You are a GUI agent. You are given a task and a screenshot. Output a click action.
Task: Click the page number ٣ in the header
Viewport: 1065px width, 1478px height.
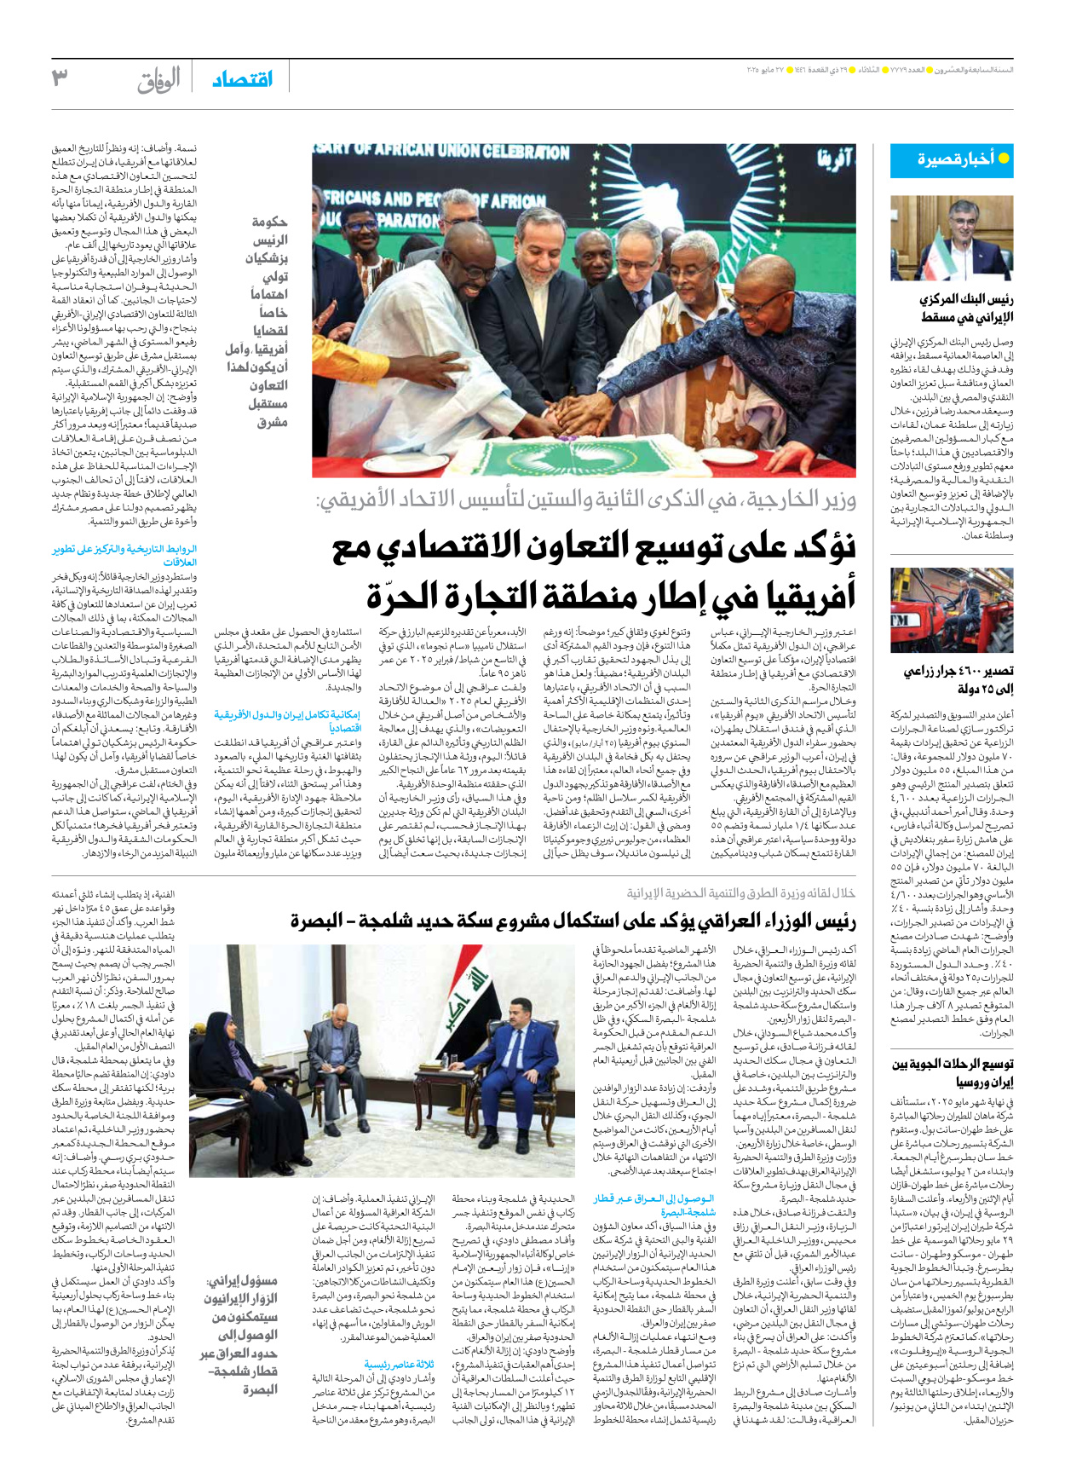tap(60, 78)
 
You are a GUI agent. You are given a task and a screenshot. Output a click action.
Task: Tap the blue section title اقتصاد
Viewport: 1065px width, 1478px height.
tap(242, 79)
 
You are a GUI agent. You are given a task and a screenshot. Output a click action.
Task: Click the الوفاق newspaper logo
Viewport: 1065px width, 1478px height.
tap(158, 80)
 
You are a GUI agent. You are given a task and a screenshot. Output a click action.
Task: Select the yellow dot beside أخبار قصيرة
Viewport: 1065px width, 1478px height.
tap(1004, 159)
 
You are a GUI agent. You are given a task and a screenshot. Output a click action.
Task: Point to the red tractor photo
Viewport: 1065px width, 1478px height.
tap(952, 610)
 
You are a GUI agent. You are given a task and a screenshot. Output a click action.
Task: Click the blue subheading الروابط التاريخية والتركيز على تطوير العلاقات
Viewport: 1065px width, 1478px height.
tap(125, 556)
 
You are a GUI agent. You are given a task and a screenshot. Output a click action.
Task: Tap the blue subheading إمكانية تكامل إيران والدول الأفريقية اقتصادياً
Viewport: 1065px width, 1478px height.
tap(287, 722)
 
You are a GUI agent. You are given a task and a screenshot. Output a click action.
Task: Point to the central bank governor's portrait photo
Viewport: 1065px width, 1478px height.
tap(952, 238)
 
